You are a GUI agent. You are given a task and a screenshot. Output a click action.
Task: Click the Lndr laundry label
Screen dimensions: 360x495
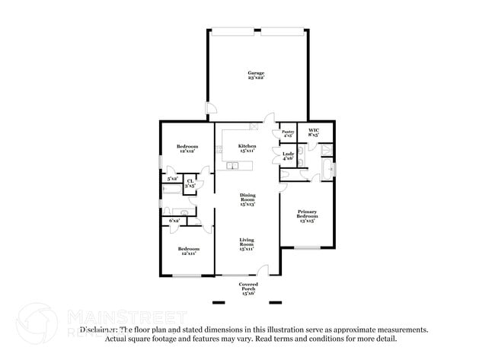(x=289, y=156)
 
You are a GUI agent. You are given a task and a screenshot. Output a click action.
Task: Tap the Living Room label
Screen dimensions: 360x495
(x=247, y=244)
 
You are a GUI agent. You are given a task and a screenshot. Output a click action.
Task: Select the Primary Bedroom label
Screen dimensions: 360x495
(x=308, y=216)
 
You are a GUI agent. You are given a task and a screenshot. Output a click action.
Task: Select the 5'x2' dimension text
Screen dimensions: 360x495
(x=173, y=178)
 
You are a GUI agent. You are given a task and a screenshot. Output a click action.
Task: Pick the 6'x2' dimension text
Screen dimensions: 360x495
(x=174, y=220)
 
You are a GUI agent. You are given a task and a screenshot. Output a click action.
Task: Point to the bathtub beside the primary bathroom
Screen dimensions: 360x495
(x=326, y=169)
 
